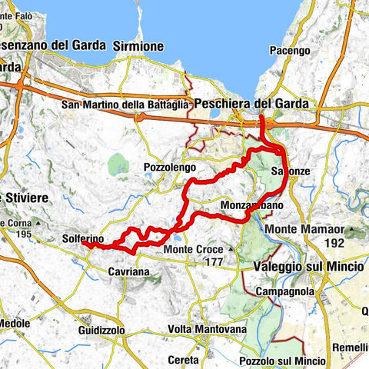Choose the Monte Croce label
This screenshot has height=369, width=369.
tap(192, 250)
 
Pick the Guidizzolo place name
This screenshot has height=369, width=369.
tap(101, 329)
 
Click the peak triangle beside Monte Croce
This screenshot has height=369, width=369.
tap(229, 250)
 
